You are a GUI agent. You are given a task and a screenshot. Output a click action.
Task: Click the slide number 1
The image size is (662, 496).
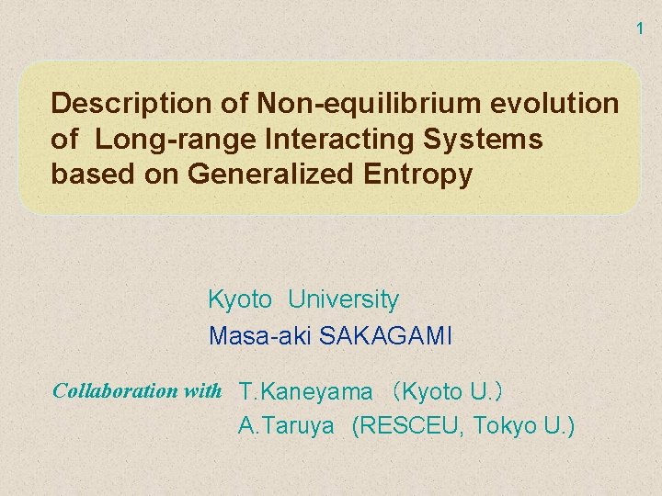(641, 29)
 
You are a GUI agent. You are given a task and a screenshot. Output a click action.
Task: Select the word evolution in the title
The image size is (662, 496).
(558, 103)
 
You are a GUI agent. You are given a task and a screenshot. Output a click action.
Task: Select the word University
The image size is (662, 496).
(343, 299)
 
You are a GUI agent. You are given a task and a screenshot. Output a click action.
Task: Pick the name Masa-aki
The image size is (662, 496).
(260, 336)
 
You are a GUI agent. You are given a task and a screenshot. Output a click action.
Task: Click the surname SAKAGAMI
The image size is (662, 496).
(386, 336)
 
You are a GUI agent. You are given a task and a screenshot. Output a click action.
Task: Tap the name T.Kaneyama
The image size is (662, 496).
(306, 392)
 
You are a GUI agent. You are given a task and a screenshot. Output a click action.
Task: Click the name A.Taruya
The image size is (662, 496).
(286, 426)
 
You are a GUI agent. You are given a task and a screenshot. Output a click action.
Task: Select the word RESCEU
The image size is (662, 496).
(409, 426)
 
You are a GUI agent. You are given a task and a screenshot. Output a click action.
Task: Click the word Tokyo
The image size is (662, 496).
(506, 426)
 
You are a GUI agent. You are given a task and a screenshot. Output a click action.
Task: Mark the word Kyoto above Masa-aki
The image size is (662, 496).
(240, 299)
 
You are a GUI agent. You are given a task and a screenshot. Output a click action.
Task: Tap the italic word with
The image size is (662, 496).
(203, 390)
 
